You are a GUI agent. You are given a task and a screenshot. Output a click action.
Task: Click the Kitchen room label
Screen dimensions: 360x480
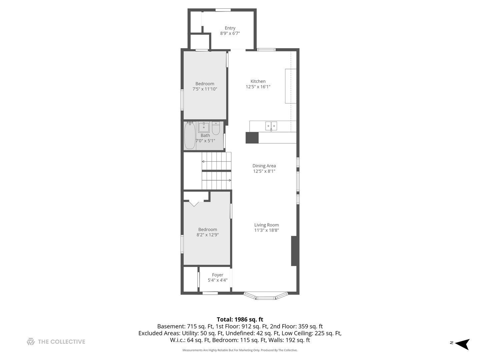[x=258, y=81]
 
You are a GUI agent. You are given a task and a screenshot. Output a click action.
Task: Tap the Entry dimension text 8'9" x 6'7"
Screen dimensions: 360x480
[x=230, y=33]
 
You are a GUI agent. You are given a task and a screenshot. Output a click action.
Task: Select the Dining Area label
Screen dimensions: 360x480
[x=264, y=166]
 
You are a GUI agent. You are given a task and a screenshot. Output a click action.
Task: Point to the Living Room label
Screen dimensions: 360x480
[x=266, y=225]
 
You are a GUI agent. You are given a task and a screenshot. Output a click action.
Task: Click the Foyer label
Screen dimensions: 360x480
[x=218, y=275]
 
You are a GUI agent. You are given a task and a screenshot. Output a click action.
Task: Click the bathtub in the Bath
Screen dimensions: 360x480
[x=190, y=136]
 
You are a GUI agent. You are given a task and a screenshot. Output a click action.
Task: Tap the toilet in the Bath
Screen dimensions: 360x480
[x=216, y=128]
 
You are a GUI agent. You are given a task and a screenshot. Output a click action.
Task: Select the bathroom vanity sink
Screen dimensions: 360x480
[x=204, y=127]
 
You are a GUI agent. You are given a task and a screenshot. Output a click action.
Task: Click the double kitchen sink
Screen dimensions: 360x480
[x=271, y=126]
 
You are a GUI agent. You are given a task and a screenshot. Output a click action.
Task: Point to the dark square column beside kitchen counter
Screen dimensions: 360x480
[x=252, y=138]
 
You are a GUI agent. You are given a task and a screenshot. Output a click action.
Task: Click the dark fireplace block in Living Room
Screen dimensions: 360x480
[x=294, y=251]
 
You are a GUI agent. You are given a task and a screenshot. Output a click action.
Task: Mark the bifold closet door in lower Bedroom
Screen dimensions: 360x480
[x=194, y=203]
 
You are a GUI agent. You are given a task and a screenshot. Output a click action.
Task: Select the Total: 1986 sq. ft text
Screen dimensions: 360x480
[x=240, y=319]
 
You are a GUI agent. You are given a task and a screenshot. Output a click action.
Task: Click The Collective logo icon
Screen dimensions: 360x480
[x=31, y=342]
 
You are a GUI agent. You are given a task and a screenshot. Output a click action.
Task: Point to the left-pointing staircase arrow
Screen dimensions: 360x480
[x=203, y=161]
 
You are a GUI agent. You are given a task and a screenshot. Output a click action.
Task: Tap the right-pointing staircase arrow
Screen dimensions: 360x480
[x=230, y=180]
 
